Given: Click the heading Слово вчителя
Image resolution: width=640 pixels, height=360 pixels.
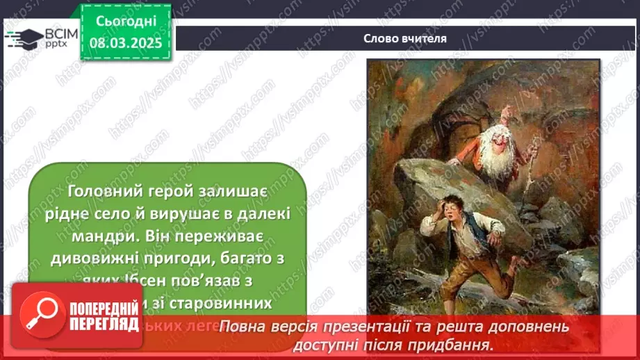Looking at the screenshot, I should (404, 38).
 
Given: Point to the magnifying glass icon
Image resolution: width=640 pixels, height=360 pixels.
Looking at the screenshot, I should (42, 320).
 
